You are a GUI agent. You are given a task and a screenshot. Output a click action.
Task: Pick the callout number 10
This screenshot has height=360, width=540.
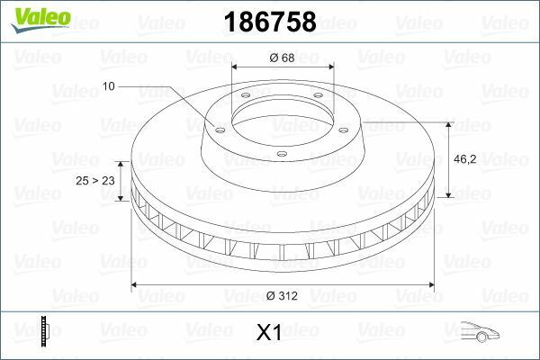tap(109, 86)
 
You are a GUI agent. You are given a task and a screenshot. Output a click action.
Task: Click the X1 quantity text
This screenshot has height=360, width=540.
tap(270, 333)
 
